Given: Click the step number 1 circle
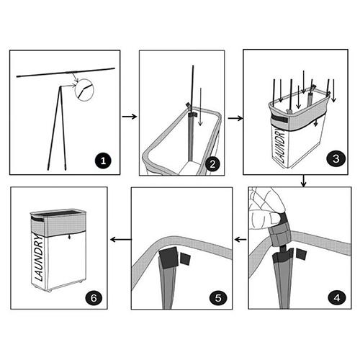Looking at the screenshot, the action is (103, 161).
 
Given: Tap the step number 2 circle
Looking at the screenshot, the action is (212, 164).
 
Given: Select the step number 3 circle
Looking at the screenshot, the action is (336, 158).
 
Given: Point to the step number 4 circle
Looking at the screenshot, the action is (337, 297).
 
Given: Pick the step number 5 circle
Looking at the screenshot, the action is (218, 298).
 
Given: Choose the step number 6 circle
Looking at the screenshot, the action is (94, 298).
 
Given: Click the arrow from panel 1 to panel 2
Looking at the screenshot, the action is (130, 117).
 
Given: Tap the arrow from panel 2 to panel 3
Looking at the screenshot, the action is (235, 118).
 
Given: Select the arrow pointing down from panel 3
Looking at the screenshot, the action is (304, 181).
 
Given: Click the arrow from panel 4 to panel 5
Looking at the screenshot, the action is (240, 239).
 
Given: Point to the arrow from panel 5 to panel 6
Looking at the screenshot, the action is (121, 239).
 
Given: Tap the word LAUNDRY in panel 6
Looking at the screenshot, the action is (40, 258).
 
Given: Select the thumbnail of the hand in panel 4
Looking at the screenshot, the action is (273, 218).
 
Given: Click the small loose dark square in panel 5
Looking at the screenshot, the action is (185, 259).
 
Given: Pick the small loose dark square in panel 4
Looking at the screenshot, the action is (302, 253).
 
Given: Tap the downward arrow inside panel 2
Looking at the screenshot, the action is (200, 107).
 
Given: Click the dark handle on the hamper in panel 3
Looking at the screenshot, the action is (279, 120).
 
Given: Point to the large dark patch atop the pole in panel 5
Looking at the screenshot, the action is (168, 258).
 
